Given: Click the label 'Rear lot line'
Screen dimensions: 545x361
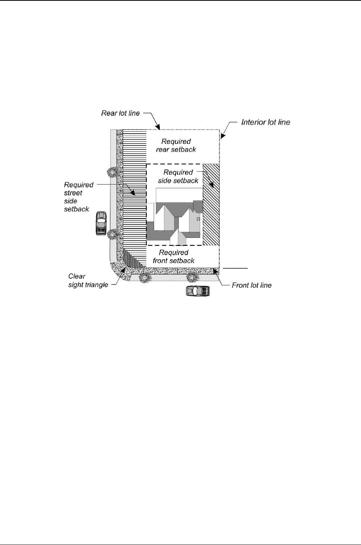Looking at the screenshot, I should coord(120,113).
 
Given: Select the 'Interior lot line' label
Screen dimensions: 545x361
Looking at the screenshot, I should coord(266,123).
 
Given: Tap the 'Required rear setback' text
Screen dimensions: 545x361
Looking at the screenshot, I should coord(176,146).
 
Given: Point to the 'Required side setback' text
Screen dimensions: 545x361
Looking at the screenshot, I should coord(178,177).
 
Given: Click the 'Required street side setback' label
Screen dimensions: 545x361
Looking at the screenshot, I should coord(78,197).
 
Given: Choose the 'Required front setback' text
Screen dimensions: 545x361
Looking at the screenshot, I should coord(174,257).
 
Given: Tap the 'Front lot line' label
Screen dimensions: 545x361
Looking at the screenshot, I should coord(251,285).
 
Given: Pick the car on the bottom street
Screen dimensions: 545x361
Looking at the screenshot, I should coord(198,291).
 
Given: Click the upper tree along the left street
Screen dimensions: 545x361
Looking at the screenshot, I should coord(112,172).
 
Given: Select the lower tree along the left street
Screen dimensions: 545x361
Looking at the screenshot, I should coord(112,233).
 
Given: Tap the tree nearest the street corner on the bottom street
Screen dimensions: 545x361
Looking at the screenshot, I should coord(144,277).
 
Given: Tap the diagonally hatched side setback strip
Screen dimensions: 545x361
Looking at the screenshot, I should coord(211,205).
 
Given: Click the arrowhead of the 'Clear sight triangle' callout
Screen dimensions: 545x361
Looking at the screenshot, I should coord(123,270).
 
